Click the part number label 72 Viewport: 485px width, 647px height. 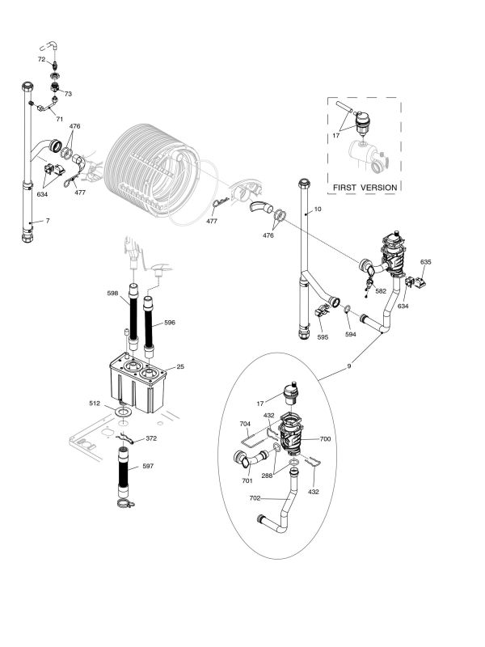point(40,60)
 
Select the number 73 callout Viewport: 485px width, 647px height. point(68,95)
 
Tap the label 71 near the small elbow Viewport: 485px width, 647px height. point(59,118)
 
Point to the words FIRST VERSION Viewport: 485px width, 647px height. point(364,188)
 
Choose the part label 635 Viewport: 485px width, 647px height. point(426,262)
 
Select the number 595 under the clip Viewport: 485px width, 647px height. point(323,336)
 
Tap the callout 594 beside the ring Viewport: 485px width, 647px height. point(350,333)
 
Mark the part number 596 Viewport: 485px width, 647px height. point(169,322)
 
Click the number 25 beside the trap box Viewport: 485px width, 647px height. point(180,367)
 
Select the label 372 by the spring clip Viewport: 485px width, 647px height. point(150,439)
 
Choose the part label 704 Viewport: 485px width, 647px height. point(244,422)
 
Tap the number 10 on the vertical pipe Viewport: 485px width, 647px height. point(318,209)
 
